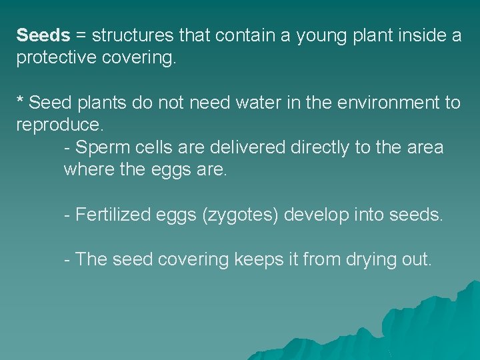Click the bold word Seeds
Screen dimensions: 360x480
[43, 35]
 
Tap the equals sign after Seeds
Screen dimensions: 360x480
[82, 35]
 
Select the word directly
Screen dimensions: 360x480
[320, 148]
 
